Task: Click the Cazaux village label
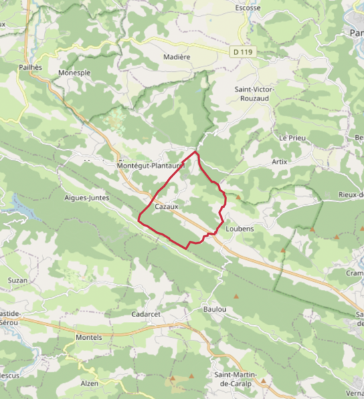tap(167, 207)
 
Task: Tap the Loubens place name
tap(240, 227)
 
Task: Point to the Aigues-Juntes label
tap(87, 198)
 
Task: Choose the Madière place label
tap(177, 57)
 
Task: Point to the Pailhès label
tap(31, 67)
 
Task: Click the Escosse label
tap(248, 8)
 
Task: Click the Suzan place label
tap(17, 280)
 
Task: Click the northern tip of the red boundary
tap(195, 152)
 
